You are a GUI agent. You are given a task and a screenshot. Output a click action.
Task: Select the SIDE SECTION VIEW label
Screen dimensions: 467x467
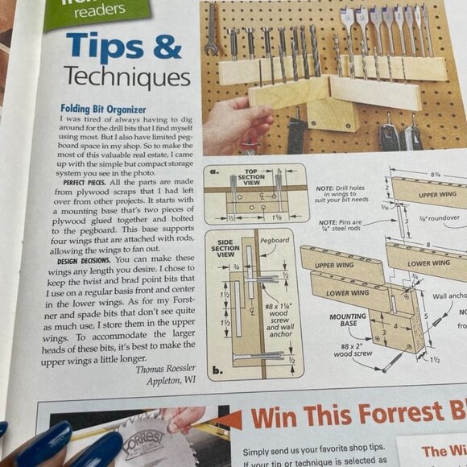225,248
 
